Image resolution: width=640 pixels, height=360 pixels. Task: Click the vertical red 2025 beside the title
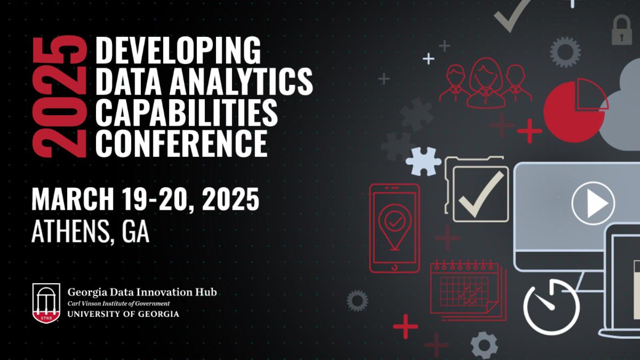60,96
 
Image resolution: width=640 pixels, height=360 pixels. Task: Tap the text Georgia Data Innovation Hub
142,292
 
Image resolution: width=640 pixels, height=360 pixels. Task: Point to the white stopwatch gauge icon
551,306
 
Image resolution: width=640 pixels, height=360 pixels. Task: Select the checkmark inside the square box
481,194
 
